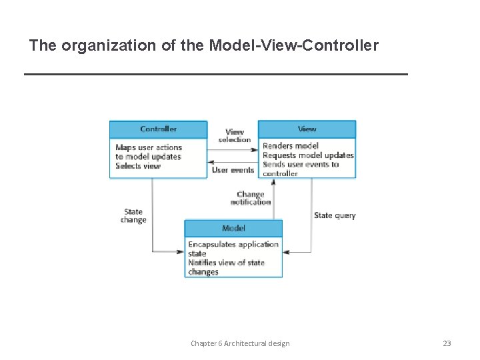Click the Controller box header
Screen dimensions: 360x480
tap(158, 129)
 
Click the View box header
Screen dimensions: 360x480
tap(307, 129)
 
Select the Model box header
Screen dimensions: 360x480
tap(233, 228)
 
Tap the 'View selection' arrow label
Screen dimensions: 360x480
tap(235, 136)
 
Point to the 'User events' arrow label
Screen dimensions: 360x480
tap(233, 170)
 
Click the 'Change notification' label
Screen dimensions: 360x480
tap(251, 198)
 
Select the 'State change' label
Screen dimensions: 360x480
tap(133, 216)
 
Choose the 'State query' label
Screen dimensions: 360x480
tap(335, 215)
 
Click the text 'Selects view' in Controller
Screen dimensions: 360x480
tap(138, 166)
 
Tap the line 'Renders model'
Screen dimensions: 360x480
tap(291, 146)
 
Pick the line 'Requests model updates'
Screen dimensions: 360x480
tap(308, 155)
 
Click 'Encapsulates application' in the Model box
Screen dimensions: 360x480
tap(233, 245)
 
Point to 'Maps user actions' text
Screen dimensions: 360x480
tap(149, 147)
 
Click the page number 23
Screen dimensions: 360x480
tap(447, 343)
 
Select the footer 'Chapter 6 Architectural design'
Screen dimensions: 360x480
tap(240, 343)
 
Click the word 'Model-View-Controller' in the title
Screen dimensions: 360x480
tap(293, 46)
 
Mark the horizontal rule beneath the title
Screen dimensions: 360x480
tap(215, 74)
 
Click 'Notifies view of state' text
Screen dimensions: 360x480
tap(227, 263)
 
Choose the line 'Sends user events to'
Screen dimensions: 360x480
tap(301, 165)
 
